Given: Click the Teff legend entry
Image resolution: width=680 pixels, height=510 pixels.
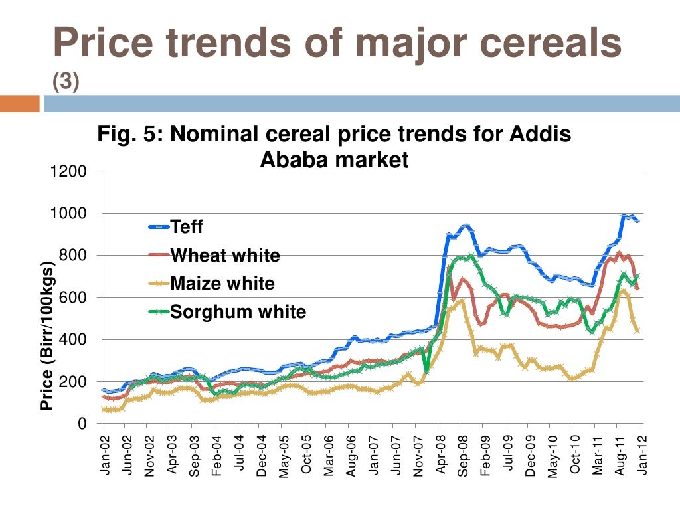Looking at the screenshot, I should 187,227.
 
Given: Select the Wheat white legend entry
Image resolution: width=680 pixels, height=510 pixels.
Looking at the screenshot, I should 224,256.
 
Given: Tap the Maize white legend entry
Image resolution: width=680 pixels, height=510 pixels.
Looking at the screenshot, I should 222,284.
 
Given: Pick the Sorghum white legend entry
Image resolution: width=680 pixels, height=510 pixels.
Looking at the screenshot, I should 238,311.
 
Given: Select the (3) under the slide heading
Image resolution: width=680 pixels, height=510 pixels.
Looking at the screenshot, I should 66,81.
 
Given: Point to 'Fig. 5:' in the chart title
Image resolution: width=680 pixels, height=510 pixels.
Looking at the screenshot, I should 130,135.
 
